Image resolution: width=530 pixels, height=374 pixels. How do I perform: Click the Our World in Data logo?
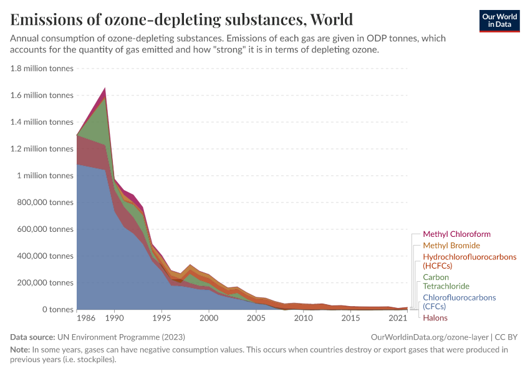[499, 20]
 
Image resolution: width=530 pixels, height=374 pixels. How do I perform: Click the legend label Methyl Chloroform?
[456, 234]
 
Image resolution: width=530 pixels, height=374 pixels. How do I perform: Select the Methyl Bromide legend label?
[451, 246]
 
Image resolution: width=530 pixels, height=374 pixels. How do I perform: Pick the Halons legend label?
[435, 318]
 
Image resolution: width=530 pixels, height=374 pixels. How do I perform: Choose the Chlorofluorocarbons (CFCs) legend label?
[459, 302]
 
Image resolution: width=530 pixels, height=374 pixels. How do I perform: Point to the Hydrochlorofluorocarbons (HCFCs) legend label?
[470, 261]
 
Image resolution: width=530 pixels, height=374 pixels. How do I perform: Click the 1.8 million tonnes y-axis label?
[42, 69]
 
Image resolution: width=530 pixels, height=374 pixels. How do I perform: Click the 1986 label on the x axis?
[86, 319]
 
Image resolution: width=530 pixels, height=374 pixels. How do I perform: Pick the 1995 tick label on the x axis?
[161, 319]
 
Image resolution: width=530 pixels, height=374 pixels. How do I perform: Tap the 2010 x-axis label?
[304, 319]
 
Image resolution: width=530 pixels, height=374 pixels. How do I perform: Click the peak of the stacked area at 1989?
[105, 89]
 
